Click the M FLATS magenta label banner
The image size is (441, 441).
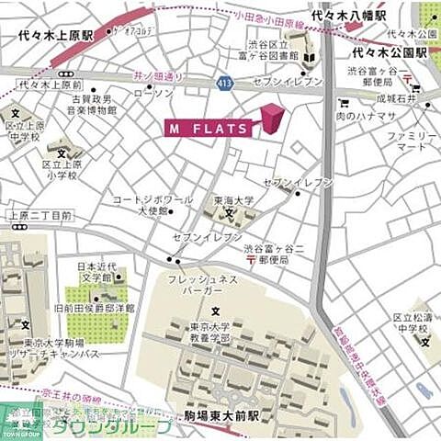click(208, 129)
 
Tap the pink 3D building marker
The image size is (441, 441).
click(273, 119)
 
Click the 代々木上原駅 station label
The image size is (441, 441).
click(56, 37)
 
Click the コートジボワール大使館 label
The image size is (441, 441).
click(153, 204)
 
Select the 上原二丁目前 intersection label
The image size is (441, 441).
click(40, 216)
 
